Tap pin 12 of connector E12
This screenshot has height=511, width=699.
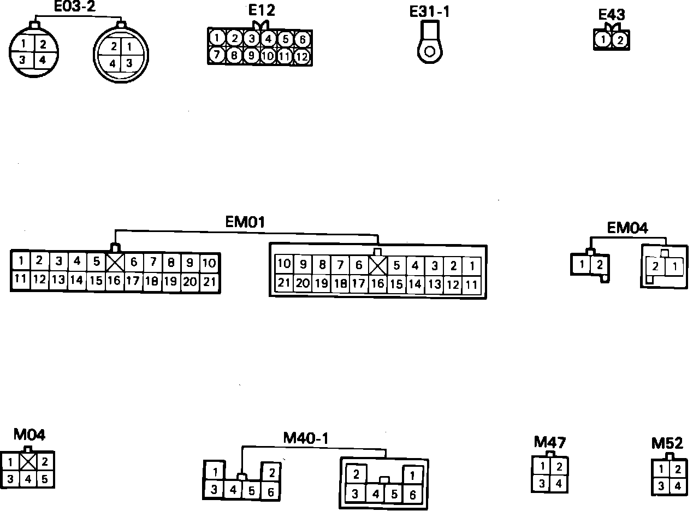click(301, 56)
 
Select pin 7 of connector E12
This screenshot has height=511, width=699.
click(217, 55)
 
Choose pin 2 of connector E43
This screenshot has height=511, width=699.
click(619, 40)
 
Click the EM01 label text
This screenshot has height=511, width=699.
click(245, 223)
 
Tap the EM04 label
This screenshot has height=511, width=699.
click(627, 228)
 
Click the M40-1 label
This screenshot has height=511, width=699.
click(306, 438)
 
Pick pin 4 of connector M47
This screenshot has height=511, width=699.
click(559, 483)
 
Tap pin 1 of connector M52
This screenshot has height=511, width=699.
click(661, 469)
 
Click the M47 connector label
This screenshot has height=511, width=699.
click(549, 442)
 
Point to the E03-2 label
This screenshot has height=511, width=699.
click(74, 7)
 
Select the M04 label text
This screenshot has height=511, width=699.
click(29, 435)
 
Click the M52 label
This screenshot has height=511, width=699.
click(667, 443)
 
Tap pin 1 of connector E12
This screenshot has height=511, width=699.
click(217, 38)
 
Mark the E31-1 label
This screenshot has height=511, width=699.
click(430, 11)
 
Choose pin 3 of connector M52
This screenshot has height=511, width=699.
click(661, 486)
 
